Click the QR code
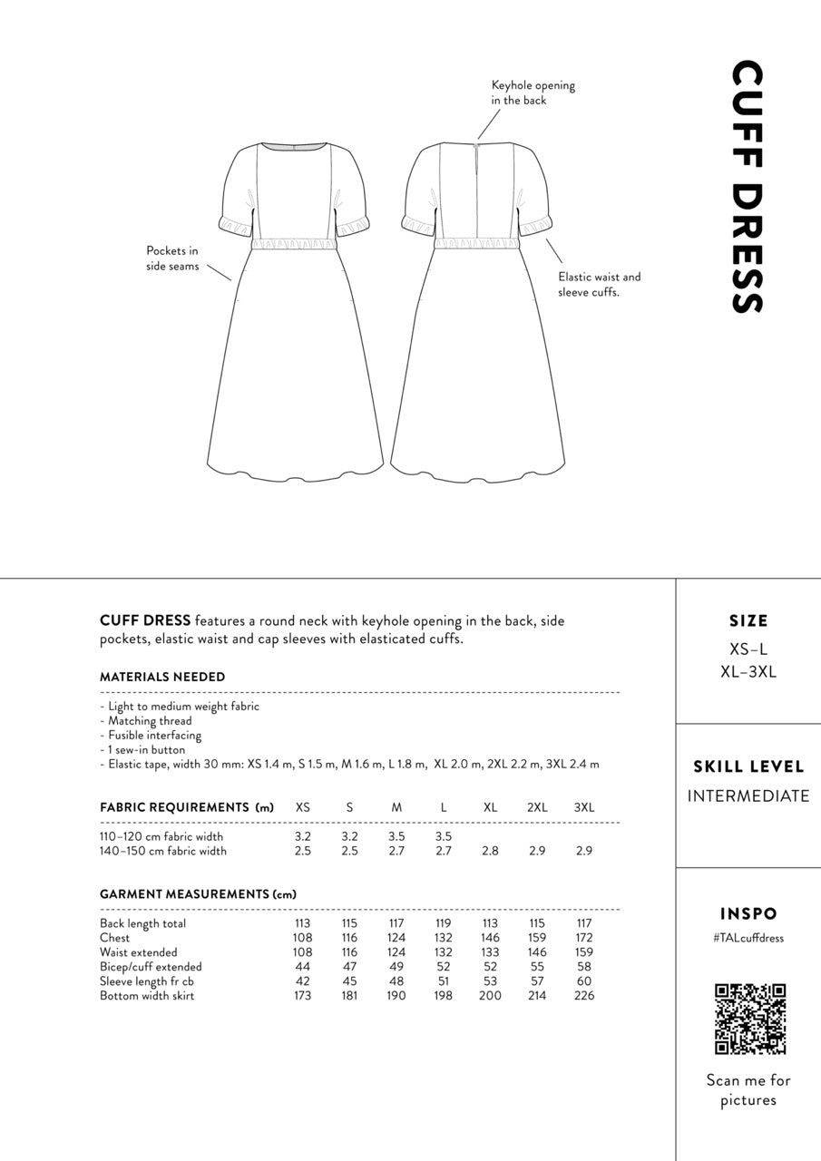tap(749, 1019)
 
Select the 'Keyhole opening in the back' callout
tap(533, 93)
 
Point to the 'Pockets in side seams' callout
tap(172, 259)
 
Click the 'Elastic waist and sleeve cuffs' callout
tap(599, 285)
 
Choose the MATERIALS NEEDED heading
tap(162, 677)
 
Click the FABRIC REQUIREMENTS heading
tap(186, 807)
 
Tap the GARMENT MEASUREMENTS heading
tap(198, 894)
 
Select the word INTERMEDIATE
tap(748, 796)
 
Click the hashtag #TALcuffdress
tap(748, 938)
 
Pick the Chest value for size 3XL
tap(584, 938)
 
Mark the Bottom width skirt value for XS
tap(303, 996)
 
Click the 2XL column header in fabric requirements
tap(537, 807)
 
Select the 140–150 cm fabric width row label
tap(163, 851)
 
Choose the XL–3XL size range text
tap(748, 672)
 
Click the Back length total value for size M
tap(396, 923)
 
